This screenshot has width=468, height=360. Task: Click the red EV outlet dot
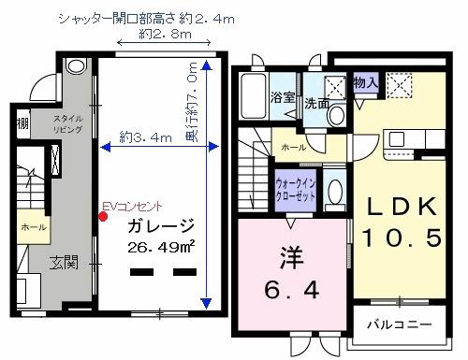pos(103,217)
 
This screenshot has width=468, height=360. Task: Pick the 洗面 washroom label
pos(315,104)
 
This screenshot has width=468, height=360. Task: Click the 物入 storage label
pos(367,84)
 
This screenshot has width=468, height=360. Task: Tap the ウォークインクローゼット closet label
pos(295,191)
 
